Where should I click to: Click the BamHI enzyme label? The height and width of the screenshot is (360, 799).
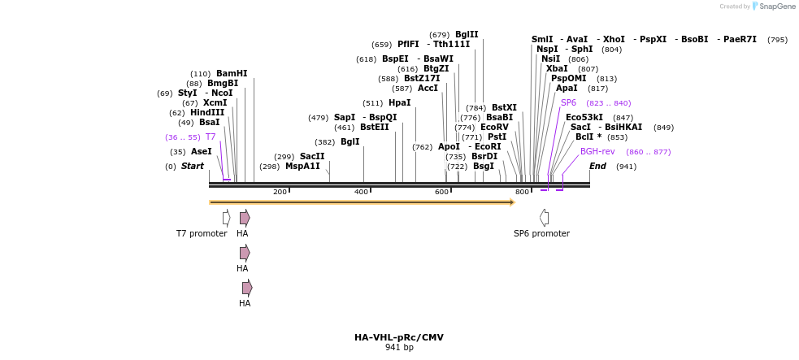(x=232, y=73)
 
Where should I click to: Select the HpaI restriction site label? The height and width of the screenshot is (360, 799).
(x=399, y=102)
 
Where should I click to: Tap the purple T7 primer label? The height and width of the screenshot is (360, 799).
(x=211, y=137)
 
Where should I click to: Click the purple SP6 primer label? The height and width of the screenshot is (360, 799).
(x=568, y=102)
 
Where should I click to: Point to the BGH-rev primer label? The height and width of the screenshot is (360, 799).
(x=597, y=151)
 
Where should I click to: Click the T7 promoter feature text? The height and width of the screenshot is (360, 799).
(x=202, y=233)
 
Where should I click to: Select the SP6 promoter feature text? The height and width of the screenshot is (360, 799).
(x=541, y=233)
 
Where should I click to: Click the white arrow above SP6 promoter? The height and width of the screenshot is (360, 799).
(x=544, y=217)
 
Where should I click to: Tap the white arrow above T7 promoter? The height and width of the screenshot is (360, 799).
(x=227, y=217)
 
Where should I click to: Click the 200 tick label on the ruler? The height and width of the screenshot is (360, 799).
(x=280, y=192)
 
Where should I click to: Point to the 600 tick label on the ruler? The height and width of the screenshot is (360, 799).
(x=441, y=192)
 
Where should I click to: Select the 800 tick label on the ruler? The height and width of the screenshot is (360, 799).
(x=522, y=192)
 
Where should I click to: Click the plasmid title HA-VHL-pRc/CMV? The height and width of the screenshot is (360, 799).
(x=398, y=337)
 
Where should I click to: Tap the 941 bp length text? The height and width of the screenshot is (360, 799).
(x=399, y=348)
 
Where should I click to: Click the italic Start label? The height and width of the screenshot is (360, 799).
(x=193, y=166)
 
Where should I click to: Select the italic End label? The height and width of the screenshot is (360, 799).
(x=597, y=166)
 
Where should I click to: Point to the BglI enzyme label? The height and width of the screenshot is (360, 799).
(x=350, y=141)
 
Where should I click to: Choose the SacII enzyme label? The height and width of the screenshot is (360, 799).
(x=312, y=156)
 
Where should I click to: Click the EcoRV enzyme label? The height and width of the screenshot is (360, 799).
(x=494, y=127)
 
